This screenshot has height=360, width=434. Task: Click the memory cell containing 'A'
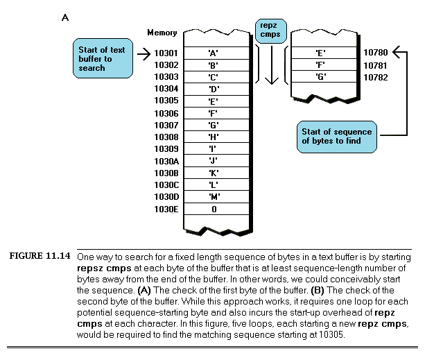214,53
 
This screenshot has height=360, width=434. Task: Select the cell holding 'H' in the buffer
214,137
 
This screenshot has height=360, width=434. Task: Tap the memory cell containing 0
214,209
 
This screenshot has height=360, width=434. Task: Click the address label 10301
166,53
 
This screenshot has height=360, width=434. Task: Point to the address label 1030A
166,161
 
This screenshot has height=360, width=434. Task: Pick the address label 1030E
166,209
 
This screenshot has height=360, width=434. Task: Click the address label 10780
375,52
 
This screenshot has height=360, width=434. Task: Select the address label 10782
375,76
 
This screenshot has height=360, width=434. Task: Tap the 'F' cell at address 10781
321,65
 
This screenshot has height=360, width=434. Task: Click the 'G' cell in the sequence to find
321,76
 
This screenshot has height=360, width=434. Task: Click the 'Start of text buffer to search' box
103,58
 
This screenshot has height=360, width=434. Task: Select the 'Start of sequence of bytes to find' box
337,137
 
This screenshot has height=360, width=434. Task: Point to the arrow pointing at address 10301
144,53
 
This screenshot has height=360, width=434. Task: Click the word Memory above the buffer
162,33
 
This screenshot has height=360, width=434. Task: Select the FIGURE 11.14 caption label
40,256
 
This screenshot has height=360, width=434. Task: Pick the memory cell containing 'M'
214,197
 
